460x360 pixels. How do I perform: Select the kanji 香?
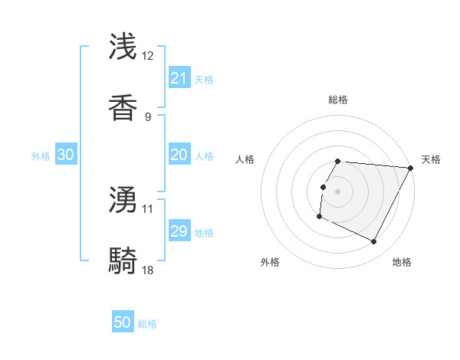tap(123, 107)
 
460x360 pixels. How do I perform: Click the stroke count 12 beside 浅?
tap(148, 56)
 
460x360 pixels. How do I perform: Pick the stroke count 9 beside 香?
tap(148, 116)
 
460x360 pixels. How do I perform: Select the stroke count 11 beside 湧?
tap(148, 208)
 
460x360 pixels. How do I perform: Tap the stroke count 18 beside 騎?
tap(148, 270)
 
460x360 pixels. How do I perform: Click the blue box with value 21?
tap(179, 78)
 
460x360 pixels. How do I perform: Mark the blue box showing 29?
tap(179, 231)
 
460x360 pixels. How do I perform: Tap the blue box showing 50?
tap(123, 323)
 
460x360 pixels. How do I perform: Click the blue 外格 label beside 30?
tap(41, 156)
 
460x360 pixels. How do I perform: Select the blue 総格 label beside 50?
tap(147, 324)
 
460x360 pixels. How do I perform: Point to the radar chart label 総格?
tap(338, 100)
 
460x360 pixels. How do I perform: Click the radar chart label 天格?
tap(432, 159)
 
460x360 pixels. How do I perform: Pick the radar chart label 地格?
tap(402, 262)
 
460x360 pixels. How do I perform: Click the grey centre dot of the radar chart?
tap(338, 191)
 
